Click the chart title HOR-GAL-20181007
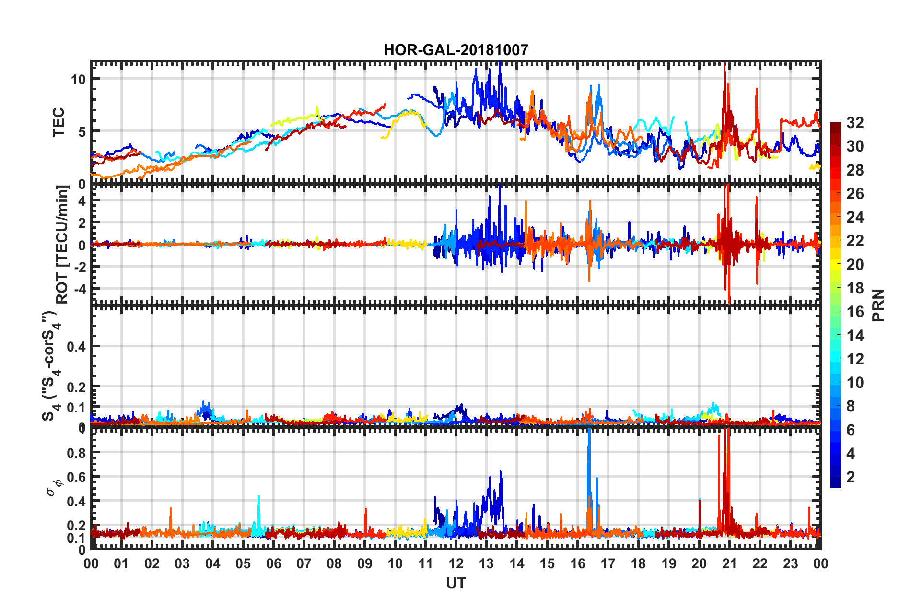[456, 50]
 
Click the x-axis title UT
[456, 583]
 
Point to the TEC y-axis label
[58, 122]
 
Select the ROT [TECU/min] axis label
[62, 245]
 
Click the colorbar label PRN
[878, 305]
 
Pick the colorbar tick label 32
[855, 123]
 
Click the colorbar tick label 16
[855, 312]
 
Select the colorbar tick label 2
[851, 477]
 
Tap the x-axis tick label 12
[456, 563]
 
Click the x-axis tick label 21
[729, 563]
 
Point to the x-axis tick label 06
[273, 563]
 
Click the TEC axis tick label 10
[78, 79]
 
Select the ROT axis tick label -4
[79, 289]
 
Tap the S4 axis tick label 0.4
[76, 346]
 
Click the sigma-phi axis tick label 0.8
[76, 453]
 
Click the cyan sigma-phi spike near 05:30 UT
[259, 504]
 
